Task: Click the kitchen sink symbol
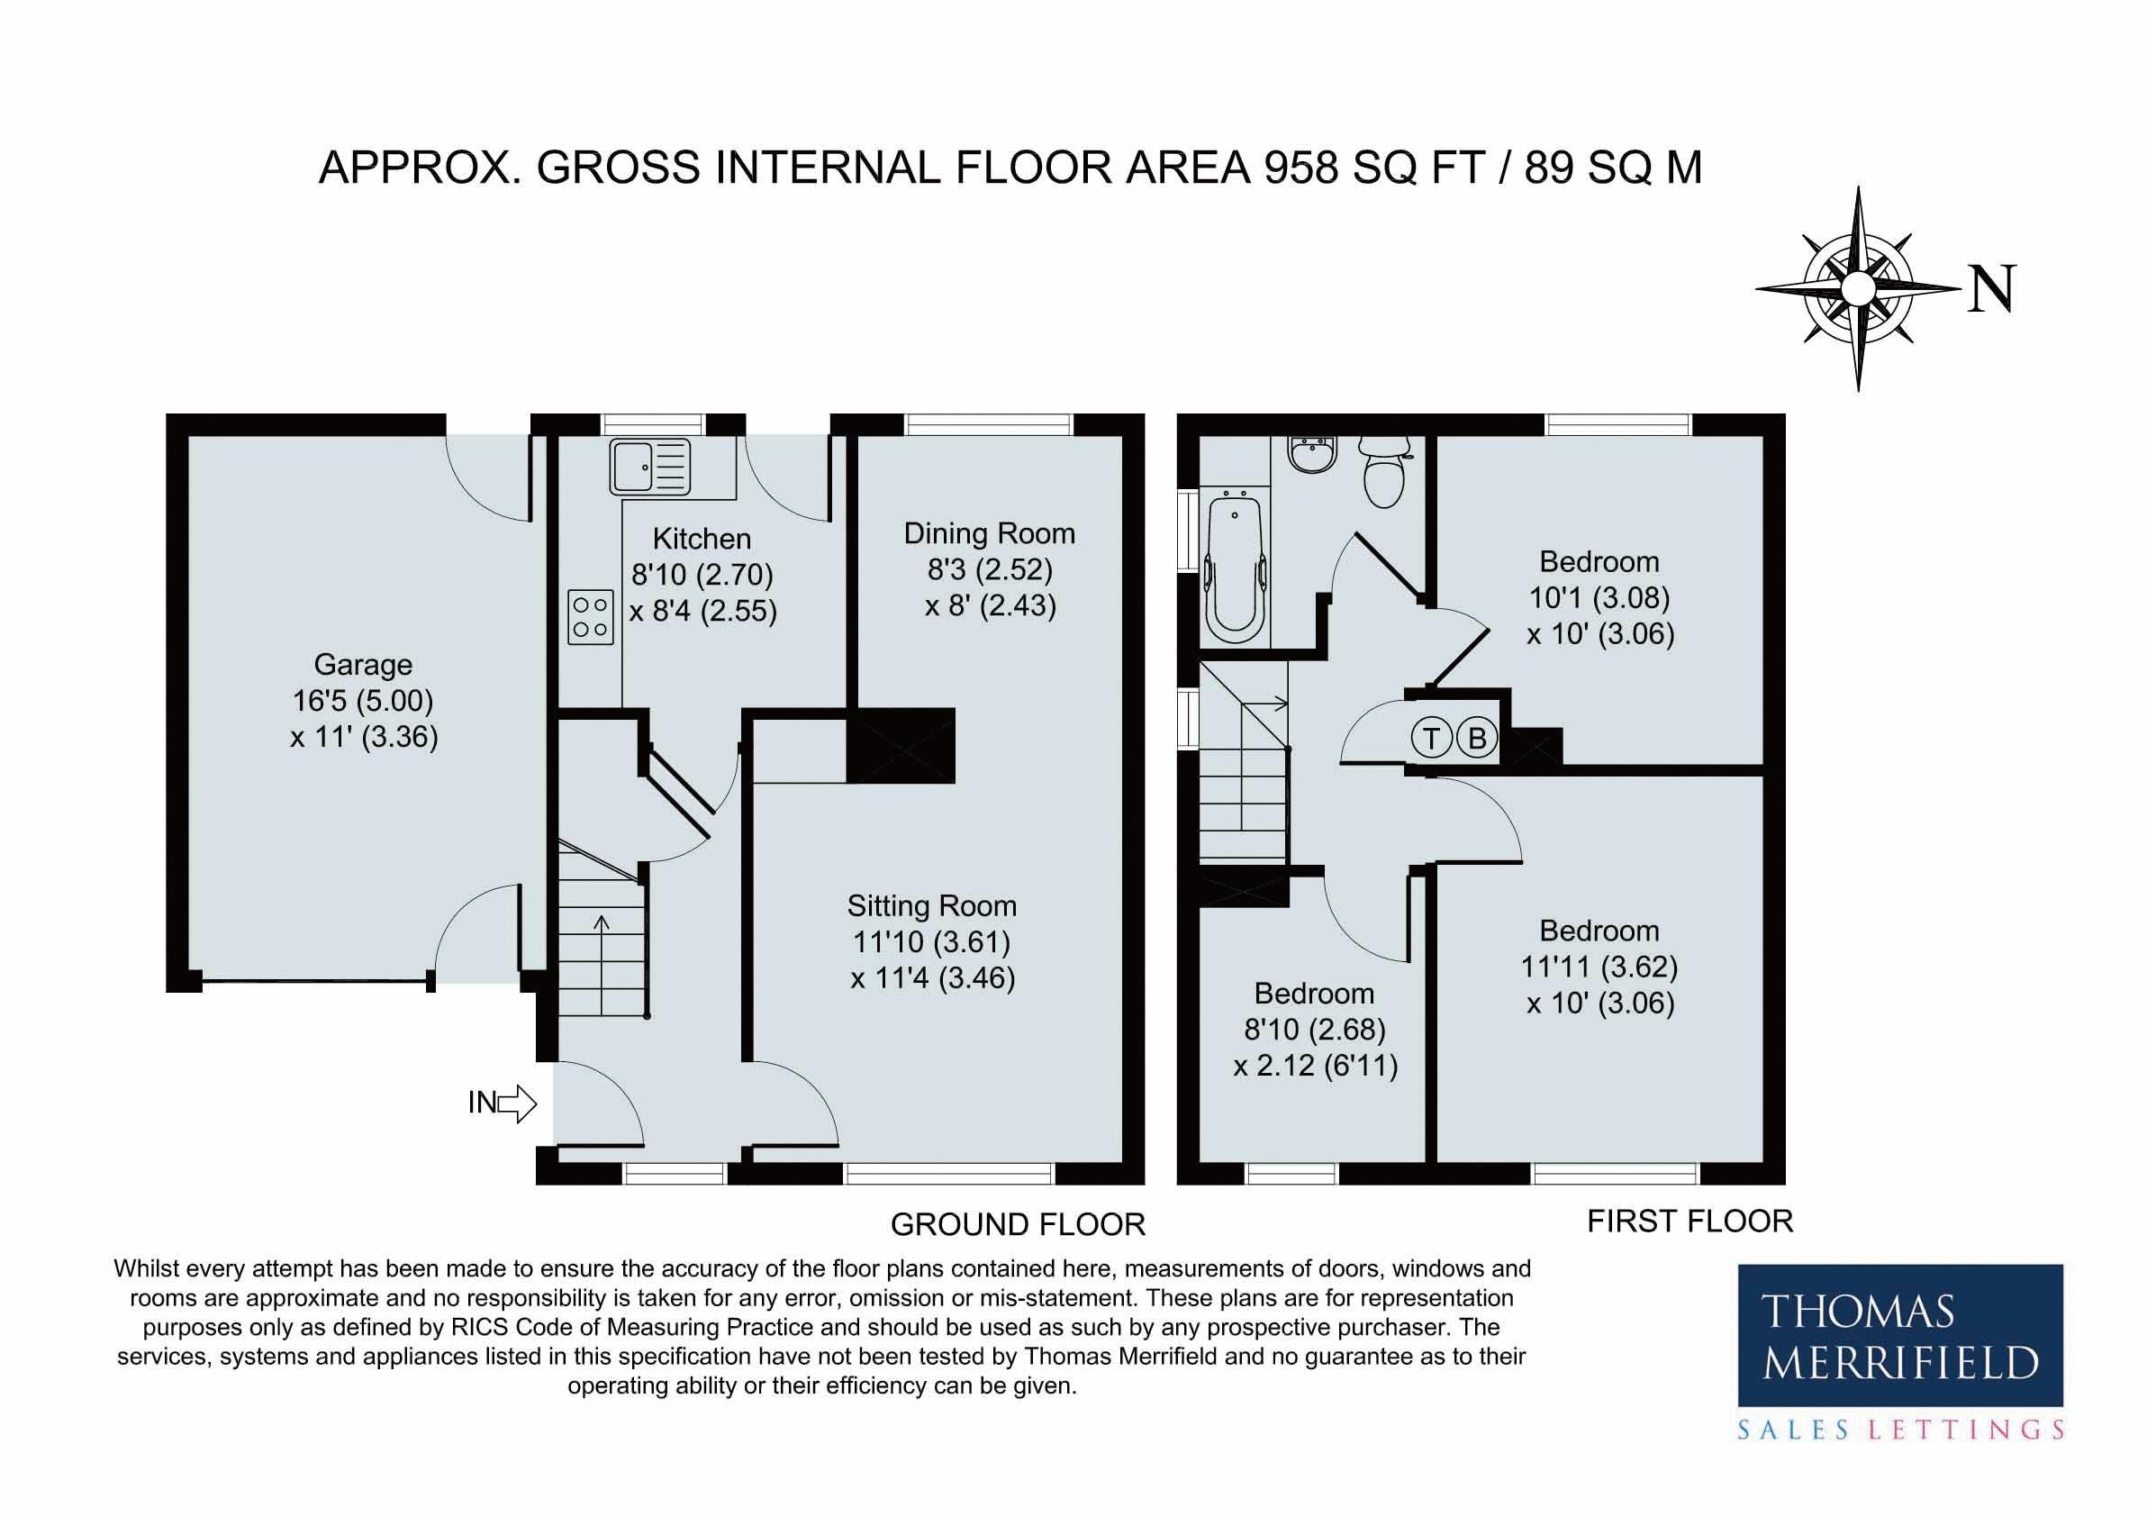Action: point(650,467)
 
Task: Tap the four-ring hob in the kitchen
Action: point(591,616)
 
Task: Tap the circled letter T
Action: point(1431,739)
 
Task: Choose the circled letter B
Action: point(1478,739)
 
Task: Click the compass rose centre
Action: point(1857,288)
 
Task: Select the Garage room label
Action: point(363,665)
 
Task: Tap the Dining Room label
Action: point(990,534)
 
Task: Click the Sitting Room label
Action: point(931,905)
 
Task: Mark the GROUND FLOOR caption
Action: point(1018,1224)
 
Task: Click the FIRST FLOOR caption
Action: point(1690,1221)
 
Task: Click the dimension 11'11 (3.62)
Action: point(1599,967)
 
